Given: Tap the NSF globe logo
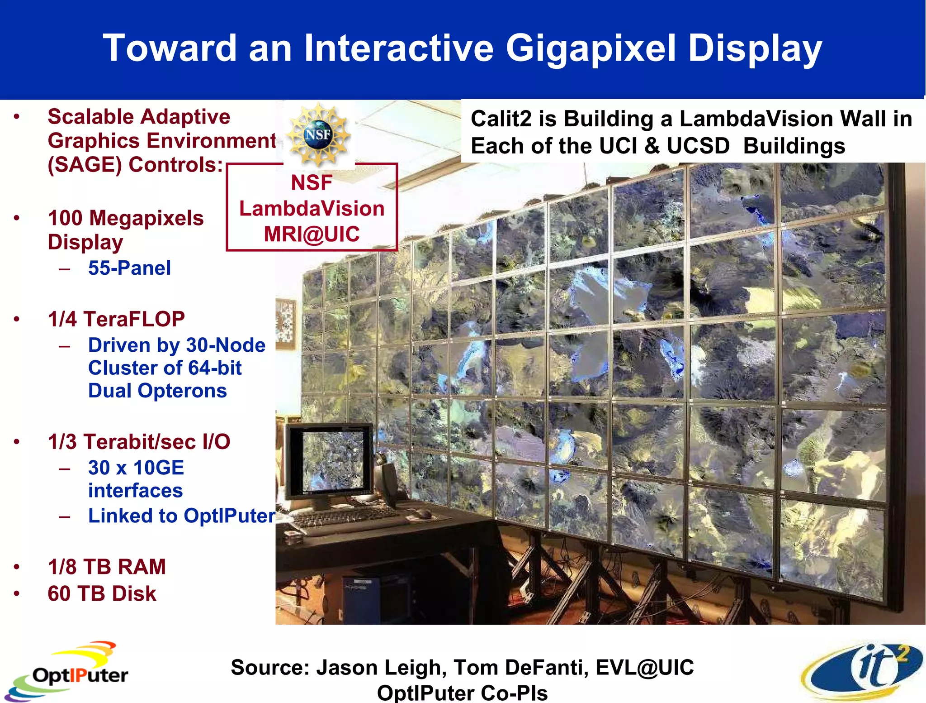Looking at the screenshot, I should (x=318, y=134).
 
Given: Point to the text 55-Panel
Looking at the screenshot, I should (x=129, y=268).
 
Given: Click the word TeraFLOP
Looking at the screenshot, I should (x=134, y=319).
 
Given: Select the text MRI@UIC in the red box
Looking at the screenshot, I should (x=312, y=234).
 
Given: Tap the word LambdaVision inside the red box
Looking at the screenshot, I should (x=312, y=209).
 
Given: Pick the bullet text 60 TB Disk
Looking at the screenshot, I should (x=102, y=593).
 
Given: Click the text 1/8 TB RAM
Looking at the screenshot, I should (x=107, y=567).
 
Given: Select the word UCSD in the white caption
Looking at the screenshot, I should (x=698, y=146).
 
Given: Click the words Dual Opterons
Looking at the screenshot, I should (x=157, y=391).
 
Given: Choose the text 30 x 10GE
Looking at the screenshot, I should (x=136, y=468).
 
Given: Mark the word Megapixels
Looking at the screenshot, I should (x=146, y=218).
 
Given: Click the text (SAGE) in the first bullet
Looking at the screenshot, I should (x=85, y=165).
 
